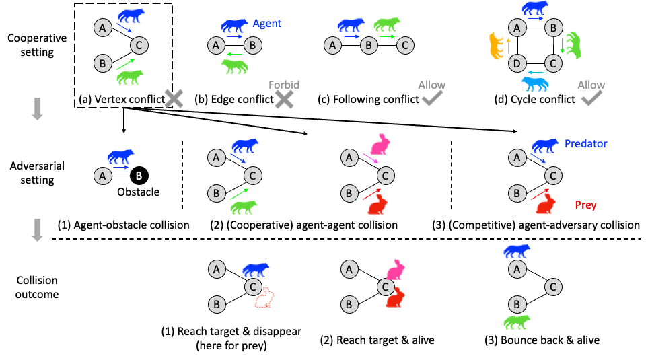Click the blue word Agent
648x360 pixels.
tap(267, 24)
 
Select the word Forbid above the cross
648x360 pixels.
tap(284, 85)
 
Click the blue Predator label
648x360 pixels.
tap(586, 143)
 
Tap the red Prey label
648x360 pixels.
tap(585, 205)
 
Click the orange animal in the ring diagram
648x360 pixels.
tap(496, 46)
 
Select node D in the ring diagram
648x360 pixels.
tap(516, 64)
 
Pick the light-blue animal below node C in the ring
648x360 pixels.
tap(535, 83)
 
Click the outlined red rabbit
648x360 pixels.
tap(264, 297)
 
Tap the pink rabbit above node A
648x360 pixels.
tap(381, 144)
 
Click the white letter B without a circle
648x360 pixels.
tap(139, 176)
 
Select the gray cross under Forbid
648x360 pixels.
tap(284, 100)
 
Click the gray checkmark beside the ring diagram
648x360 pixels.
tap(591, 100)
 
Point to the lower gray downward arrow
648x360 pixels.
tap(37, 229)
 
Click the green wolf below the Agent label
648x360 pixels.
tap(234, 66)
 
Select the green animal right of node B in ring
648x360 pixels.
tap(573, 45)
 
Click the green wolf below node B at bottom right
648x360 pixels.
tap(516, 322)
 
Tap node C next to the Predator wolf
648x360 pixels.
tap(552, 176)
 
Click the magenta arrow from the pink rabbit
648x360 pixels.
tap(370, 159)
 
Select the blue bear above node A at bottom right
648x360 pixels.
tap(517, 251)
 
